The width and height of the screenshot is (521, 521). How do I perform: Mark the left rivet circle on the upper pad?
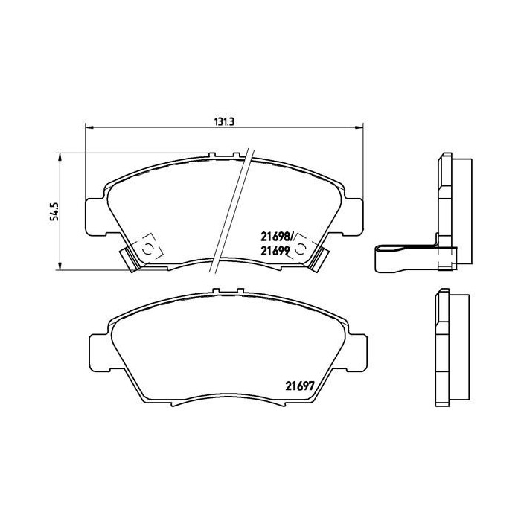coord(148,249)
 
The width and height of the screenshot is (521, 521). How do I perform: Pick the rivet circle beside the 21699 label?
coord(301,249)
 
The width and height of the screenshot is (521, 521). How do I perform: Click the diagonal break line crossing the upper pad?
coord(230,208)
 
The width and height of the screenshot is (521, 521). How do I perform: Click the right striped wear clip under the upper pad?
coord(321,259)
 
